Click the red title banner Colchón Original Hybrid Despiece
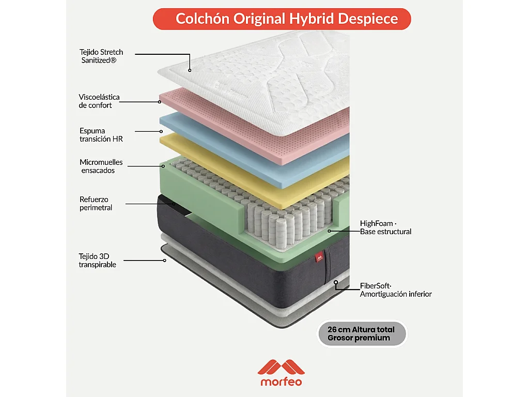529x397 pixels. (x=282, y=19)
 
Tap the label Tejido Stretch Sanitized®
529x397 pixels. (x=101, y=56)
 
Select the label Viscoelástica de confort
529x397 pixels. (x=99, y=101)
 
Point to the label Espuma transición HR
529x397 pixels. (x=101, y=135)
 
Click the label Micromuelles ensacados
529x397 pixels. (x=101, y=166)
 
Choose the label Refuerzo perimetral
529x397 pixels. (x=96, y=203)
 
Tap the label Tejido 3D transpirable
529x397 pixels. (x=97, y=261)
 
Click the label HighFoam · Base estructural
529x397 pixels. (x=385, y=227)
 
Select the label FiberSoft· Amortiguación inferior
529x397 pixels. (x=396, y=290)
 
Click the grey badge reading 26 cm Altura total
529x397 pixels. (x=362, y=333)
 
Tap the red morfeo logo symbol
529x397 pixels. (x=281, y=368)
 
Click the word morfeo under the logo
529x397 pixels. (x=281, y=382)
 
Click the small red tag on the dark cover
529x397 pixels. (x=319, y=258)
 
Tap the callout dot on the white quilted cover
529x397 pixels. (x=190, y=70)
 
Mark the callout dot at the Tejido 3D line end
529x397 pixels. (x=165, y=261)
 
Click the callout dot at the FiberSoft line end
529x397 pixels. (x=336, y=282)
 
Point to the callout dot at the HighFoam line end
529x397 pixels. (x=329, y=231)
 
